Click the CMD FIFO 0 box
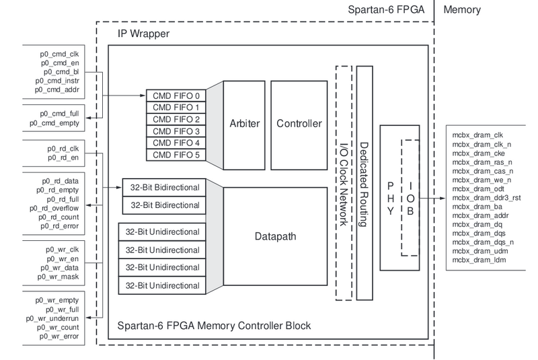176,95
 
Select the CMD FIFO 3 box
176,131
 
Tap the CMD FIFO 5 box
176,155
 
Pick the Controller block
299,124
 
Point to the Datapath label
276,237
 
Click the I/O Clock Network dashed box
342,182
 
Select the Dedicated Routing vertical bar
364,182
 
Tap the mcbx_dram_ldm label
473,260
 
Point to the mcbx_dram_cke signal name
472,153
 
